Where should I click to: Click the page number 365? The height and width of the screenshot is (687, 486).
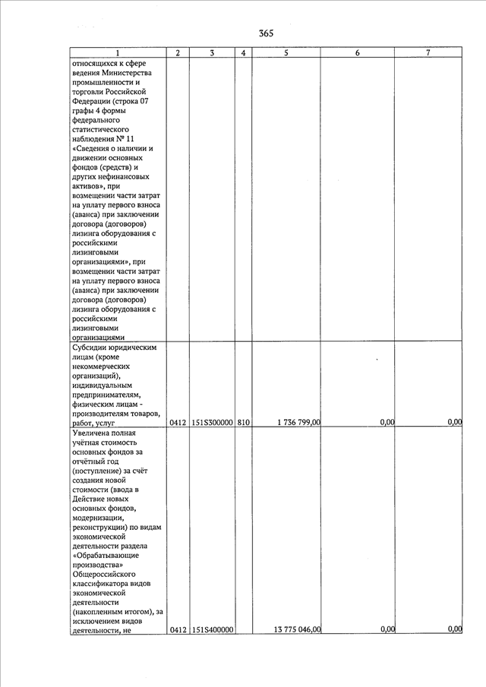point(266,33)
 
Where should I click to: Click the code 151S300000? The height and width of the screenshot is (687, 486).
point(212,423)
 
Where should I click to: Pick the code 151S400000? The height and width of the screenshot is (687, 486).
point(212,629)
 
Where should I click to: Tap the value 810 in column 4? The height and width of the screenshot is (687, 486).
point(242,423)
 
